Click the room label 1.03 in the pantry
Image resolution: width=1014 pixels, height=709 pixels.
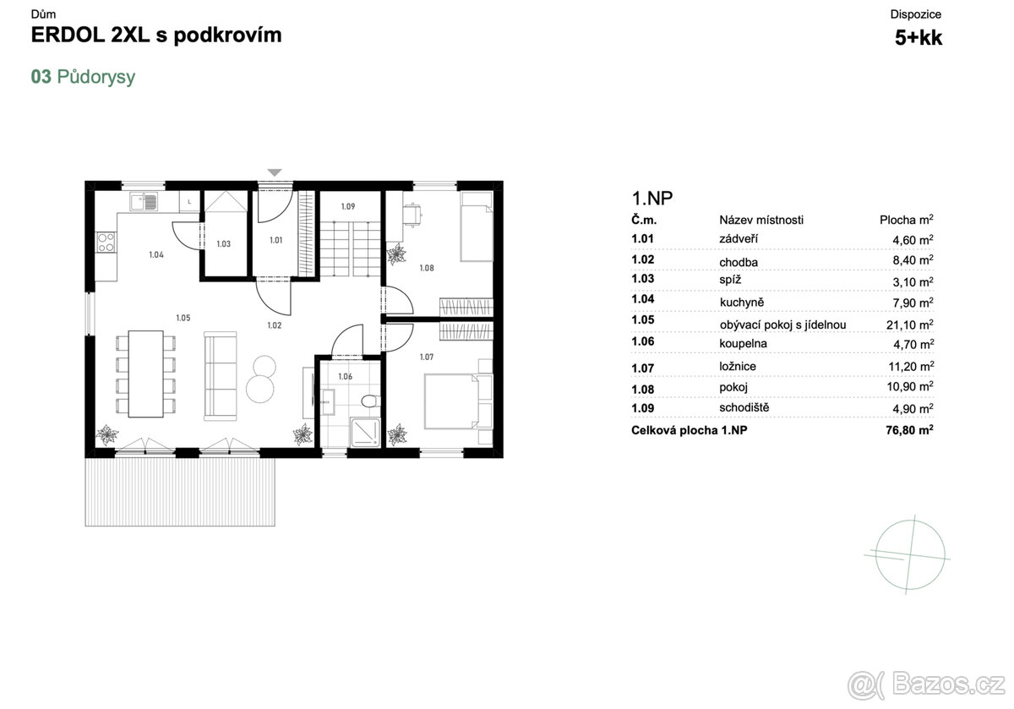click(224, 244)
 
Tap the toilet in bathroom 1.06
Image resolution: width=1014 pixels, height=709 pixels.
click(371, 401)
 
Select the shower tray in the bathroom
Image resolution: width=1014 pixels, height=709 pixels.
click(365, 432)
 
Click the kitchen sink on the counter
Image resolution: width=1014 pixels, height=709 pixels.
click(144, 201)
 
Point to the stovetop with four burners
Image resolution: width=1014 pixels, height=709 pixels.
click(106, 243)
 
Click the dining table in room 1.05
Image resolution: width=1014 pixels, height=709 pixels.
click(145, 374)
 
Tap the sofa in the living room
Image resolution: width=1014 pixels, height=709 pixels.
click(220, 376)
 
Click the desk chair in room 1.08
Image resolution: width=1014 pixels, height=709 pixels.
click(412, 214)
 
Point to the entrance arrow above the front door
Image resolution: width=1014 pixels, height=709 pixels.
click(275, 172)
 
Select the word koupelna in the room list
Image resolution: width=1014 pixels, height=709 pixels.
click(744, 344)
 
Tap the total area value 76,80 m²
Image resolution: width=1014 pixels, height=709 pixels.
click(909, 429)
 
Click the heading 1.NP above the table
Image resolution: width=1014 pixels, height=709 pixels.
click(652, 199)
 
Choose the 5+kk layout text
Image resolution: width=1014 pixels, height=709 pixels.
click(919, 37)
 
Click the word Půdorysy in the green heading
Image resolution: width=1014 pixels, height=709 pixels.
click(96, 77)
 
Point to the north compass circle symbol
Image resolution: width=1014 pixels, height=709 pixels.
click(910, 555)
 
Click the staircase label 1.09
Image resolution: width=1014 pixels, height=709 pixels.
click(348, 206)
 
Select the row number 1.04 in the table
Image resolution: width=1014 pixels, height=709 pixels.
click(643, 299)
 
